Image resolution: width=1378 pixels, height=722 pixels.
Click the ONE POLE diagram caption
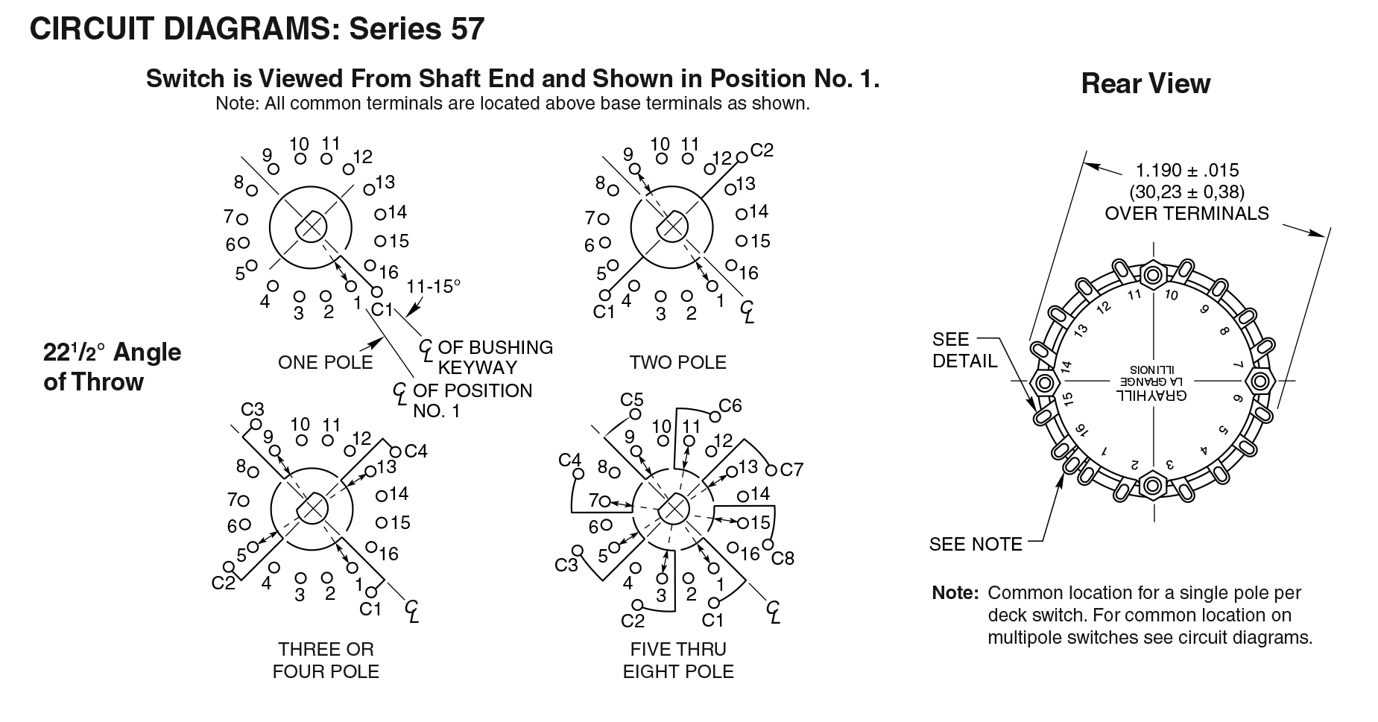tap(325, 363)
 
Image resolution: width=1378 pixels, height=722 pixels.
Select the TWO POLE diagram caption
tap(677, 363)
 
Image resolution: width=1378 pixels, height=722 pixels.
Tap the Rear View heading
tap(1145, 84)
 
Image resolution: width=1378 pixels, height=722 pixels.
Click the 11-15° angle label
tap(434, 287)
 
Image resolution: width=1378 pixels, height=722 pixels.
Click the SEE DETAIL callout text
tap(964, 350)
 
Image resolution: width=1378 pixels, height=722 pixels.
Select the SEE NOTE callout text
tap(976, 545)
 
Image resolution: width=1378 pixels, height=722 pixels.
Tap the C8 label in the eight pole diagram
tap(783, 557)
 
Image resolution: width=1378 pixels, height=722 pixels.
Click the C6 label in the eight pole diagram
tap(730, 406)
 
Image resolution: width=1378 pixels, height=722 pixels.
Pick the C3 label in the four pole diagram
tap(253, 409)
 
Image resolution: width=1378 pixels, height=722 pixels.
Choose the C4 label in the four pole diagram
tap(416, 451)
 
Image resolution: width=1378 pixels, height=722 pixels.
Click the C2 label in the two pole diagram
tap(762, 151)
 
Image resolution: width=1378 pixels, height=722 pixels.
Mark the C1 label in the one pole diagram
tap(382, 309)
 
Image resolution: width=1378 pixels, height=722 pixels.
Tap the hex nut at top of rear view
tap(1153, 275)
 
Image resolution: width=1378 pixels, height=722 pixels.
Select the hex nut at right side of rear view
tap(1260, 381)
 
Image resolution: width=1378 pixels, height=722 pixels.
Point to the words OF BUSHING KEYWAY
tap(495, 358)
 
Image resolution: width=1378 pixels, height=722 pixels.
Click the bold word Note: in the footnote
tap(955, 594)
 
